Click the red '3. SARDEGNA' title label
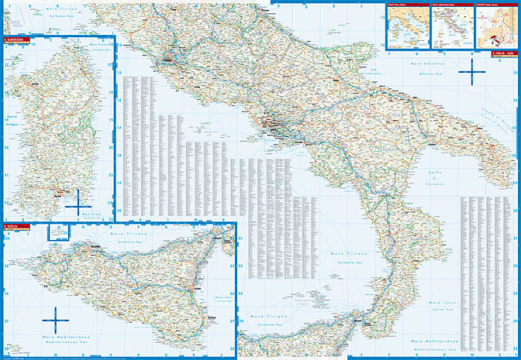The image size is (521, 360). (x=14, y=40)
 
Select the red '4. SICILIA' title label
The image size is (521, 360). (x=13, y=226)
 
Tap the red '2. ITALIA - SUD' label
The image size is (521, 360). (x=504, y=54)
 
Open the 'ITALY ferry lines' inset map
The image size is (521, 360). (x=407, y=26)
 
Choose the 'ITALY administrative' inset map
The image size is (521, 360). (x=452, y=26)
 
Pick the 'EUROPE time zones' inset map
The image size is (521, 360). (x=496, y=26)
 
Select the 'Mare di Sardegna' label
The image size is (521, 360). (x=12, y=120)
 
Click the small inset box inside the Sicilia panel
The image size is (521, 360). (x=58, y=233)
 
